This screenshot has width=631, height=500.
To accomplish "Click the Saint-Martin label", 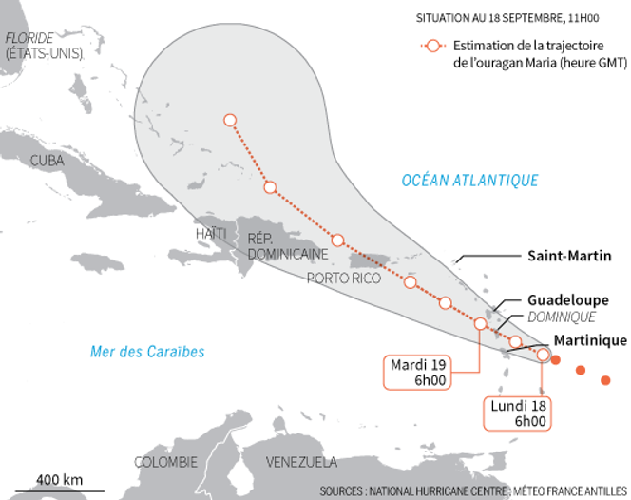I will click(568, 256).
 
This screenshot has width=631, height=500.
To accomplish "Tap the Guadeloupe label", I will click(568, 299).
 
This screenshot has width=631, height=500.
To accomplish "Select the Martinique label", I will click(589, 339).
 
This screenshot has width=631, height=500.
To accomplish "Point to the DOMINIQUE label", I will click(563, 317).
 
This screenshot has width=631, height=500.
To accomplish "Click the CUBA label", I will click(48, 161).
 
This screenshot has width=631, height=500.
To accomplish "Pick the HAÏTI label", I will click(211, 233).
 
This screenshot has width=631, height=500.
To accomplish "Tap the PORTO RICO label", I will click(343, 279).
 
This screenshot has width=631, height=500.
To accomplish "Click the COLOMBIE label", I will click(165, 462).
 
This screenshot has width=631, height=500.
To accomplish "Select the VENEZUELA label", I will click(300, 463).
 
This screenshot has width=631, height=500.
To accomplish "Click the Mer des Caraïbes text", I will click(147, 352).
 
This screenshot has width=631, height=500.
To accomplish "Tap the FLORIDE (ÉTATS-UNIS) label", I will click(44, 46).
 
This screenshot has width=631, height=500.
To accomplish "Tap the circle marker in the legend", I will click(433, 46).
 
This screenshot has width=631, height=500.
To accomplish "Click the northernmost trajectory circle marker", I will click(229, 120).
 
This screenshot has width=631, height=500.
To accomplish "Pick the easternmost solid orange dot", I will click(605, 381).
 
